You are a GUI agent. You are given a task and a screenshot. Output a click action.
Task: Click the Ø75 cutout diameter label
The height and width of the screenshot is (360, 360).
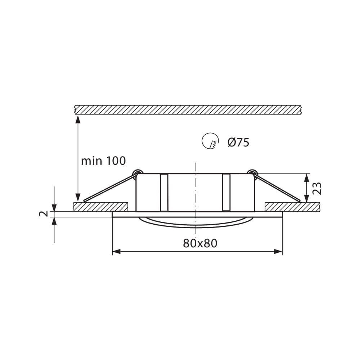tap(238, 143)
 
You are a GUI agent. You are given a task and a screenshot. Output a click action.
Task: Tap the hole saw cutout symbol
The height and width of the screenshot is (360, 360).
tap(210, 141)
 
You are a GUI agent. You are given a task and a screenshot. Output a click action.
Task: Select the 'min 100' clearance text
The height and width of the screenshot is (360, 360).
tap(103, 161)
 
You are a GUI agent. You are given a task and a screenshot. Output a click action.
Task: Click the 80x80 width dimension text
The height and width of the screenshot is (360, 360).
tap(200, 243)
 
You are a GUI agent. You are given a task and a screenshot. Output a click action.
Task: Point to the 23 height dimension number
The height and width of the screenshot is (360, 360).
tap(317, 188)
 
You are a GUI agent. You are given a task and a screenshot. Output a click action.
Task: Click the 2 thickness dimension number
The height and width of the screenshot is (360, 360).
tap(44, 214)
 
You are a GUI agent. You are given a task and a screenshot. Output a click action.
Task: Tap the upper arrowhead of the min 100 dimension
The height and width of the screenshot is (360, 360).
tap(78, 120)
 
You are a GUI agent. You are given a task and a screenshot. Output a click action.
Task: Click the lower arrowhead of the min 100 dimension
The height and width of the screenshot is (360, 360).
tap(78, 197)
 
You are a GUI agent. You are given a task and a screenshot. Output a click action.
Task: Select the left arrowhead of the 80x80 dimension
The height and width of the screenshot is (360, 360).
tap(116, 252)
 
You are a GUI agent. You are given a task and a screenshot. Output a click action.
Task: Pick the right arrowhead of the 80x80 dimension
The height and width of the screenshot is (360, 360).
tap(278, 252)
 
